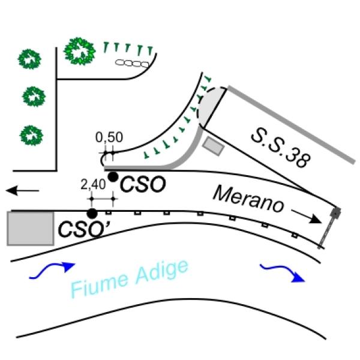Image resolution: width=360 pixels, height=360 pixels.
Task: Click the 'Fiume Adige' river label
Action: (x=130, y=278)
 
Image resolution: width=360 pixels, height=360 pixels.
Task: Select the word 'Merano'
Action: (x=248, y=199)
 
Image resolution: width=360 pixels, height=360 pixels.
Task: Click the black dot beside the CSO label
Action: (x=113, y=177)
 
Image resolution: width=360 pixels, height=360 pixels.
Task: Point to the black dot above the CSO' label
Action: (x=92, y=214)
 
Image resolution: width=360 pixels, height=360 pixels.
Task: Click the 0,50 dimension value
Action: (x=109, y=137)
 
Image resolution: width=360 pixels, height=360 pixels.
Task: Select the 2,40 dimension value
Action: (x=93, y=184)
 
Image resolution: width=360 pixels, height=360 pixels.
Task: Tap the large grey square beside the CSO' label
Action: (x=31, y=229)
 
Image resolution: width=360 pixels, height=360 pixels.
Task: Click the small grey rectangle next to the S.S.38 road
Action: (x=213, y=146)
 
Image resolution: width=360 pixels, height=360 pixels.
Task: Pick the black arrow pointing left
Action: (x=22, y=191)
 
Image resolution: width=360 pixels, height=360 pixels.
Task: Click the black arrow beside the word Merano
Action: (x=306, y=216)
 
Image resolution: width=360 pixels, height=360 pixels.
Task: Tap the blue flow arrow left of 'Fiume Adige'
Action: (x=52, y=271)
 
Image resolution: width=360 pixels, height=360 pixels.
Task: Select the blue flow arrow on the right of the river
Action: (x=283, y=273)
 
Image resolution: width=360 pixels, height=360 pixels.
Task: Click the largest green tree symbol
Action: (x=79, y=51)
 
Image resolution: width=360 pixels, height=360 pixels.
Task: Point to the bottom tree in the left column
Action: (x=31, y=135)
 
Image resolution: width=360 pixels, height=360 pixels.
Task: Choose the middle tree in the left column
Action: (x=34, y=97)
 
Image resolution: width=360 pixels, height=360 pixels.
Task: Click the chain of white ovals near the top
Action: (x=132, y=63)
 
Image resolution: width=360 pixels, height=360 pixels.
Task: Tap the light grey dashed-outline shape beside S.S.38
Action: (x=211, y=106)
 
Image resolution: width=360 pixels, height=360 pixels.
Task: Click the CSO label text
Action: (x=143, y=184)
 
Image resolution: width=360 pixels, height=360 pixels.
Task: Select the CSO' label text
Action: (x=84, y=229)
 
